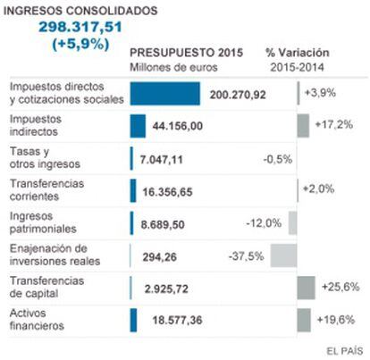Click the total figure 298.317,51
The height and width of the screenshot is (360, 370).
click(x=80, y=27)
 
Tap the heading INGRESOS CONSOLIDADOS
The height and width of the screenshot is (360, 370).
click(x=80, y=11)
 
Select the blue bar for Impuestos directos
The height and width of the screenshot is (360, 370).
click(x=165, y=94)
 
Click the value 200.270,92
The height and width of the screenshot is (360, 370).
click(x=238, y=95)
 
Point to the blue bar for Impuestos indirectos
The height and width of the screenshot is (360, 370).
click(x=138, y=126)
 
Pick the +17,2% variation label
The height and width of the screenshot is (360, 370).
click(x=334, y=124)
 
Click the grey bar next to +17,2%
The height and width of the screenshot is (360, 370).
click(x=303, y=126)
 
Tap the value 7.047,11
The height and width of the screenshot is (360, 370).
click(x=161, y=160)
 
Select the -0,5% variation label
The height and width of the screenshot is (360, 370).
click(x=278, y=159)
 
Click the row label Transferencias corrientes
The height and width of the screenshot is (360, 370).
click(x=46, y=190)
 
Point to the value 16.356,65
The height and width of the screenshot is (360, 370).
click(x=167, y=192)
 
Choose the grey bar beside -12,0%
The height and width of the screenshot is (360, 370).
click(x=292, y=223)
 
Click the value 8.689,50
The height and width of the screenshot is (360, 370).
click(x=163, y=224)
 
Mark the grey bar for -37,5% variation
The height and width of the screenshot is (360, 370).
click(x=283, y=255)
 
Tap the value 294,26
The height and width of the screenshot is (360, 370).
click(x=159, y=257)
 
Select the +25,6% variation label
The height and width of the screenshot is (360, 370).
click(x=341, y=287)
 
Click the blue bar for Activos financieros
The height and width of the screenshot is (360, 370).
click(x=133, y=320)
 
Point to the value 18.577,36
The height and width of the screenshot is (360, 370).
click(x=177, y=321)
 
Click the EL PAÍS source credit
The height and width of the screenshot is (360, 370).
click(x=345, y=351)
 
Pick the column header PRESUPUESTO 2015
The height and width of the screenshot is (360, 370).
click(x=187, y=53)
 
